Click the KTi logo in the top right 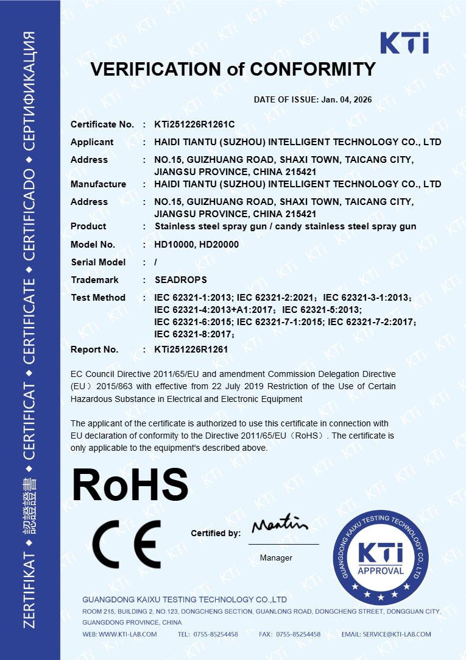pos(404,43)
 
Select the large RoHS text pos(130,485)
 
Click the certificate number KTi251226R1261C pos(194,124)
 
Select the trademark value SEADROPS pos(181,280)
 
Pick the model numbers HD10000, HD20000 pos(196,244)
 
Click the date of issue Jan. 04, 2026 pos(345,99)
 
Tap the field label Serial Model pos(98,262)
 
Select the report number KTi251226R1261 pos(191,350)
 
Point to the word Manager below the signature pos(276,558)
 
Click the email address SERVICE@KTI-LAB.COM pos(397,634)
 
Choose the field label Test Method pos(98,298)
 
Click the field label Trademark pos(94,280)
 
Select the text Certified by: pos(216,533)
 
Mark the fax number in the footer pos(298,634)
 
